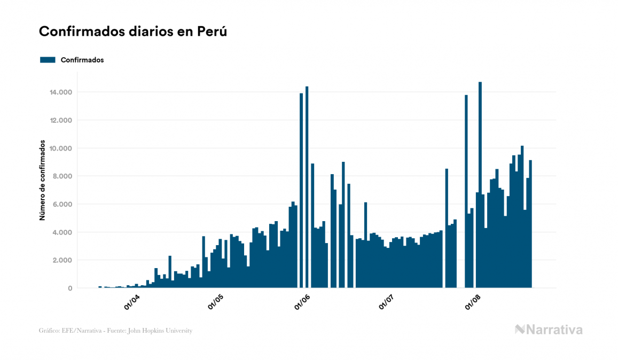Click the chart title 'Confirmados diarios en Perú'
point(133,32)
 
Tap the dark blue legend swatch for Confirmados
point(48,60)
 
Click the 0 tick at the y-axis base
point(70,288)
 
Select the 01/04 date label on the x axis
point(132,302)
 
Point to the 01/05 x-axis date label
point(216,302)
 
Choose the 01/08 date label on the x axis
point(473,302)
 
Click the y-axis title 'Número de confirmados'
point(42,182)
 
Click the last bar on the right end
point(530,224)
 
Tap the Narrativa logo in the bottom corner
point(549,330)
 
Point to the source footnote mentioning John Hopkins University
point(115,331)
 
